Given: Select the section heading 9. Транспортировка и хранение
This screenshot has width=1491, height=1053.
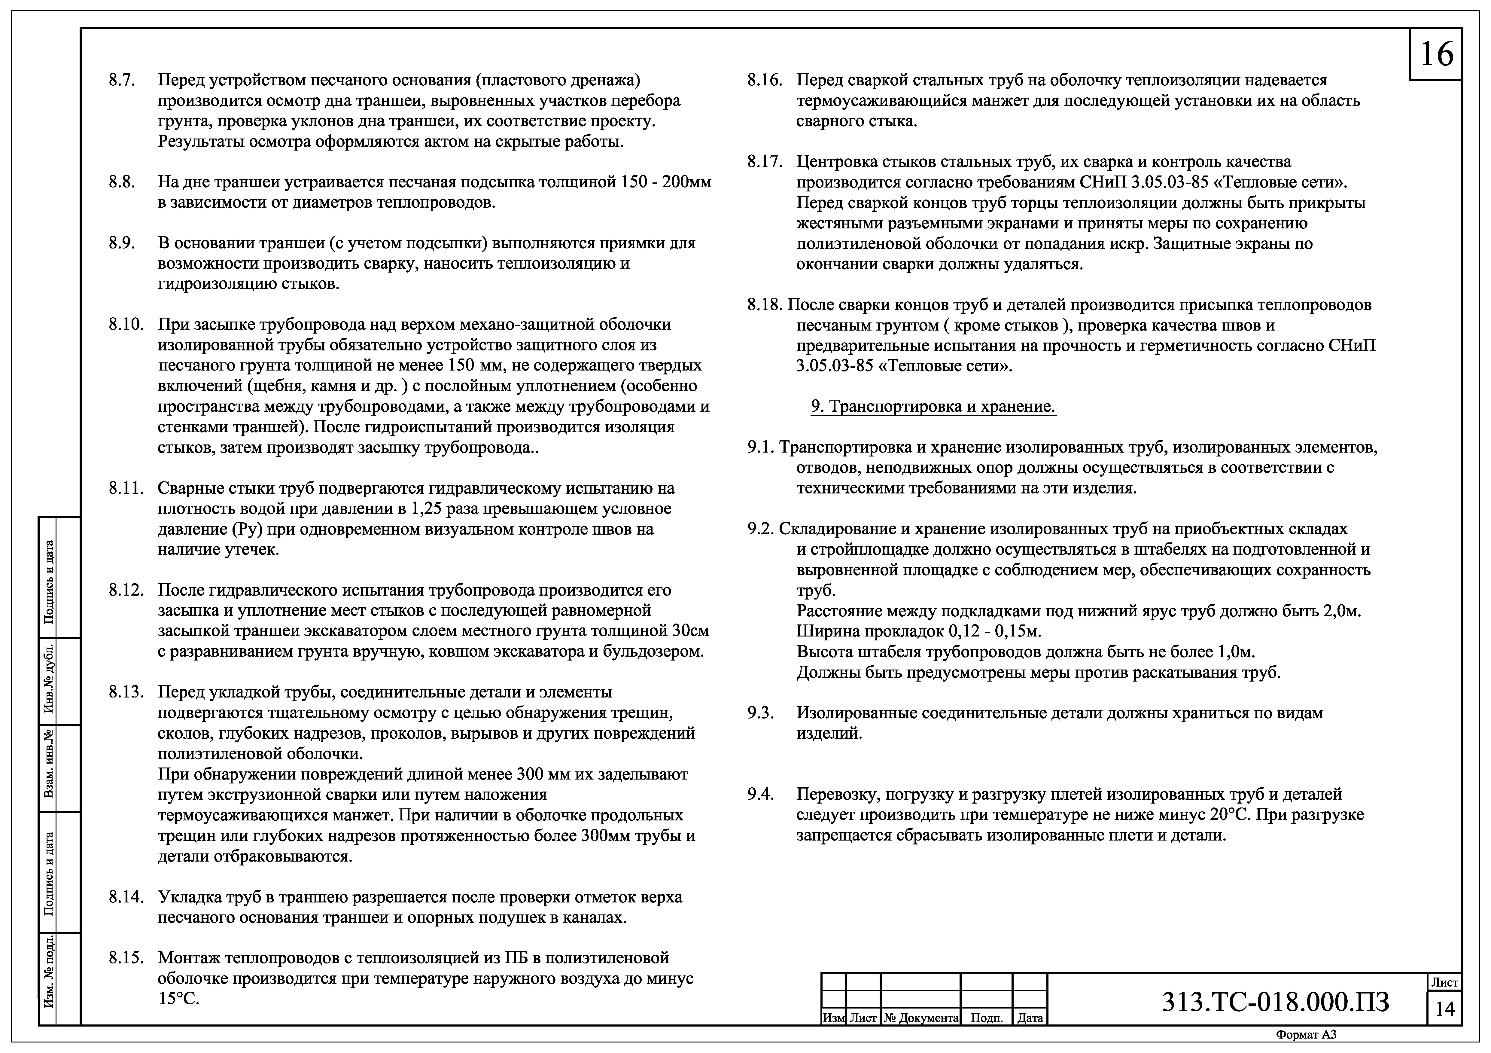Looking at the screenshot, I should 933,407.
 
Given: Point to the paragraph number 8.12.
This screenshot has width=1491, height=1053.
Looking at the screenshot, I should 126,591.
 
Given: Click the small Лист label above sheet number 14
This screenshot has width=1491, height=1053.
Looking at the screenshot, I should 1445,983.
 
